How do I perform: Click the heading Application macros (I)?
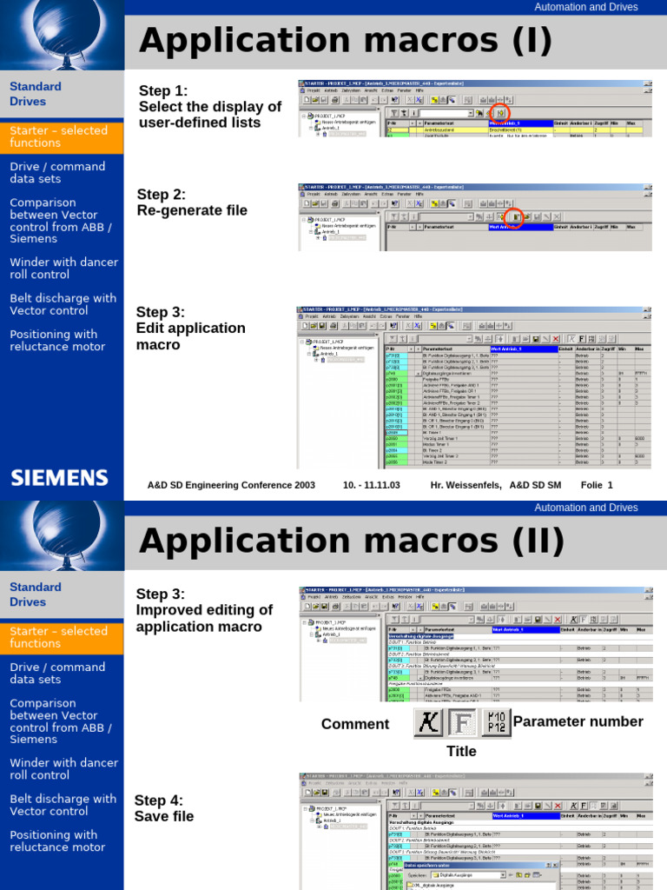346,39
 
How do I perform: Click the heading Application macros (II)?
352,540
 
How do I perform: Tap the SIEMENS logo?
59,477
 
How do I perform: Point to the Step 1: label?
163,90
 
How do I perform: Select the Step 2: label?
162,194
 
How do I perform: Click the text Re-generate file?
192,210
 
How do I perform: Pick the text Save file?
164,816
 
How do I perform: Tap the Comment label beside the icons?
355,724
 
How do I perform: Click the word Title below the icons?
461,751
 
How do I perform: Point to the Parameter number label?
578,721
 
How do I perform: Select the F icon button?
462,722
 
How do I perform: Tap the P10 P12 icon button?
495,722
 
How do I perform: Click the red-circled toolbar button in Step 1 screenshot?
500,113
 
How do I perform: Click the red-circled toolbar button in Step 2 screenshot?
514,216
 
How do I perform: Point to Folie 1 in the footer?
597,485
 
